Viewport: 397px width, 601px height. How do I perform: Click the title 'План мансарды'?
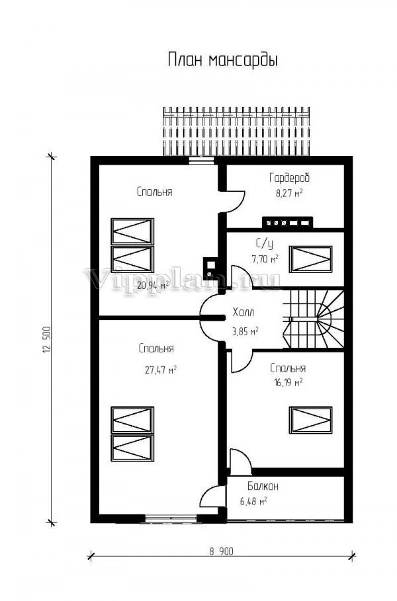pos(222,61)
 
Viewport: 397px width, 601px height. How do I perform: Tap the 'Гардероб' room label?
pos(289,178)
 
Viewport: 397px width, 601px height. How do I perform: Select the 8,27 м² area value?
pos(289,194)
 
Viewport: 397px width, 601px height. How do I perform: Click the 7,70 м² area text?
pos(265,259)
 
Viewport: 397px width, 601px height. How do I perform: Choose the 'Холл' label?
pos(243,313)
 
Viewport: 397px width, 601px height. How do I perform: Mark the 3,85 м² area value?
pos(245,331)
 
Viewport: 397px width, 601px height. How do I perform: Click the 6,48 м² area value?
pos(253,502)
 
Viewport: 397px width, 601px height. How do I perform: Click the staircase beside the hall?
pos(315,320)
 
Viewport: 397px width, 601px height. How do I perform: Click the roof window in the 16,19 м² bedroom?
pos(310,421)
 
